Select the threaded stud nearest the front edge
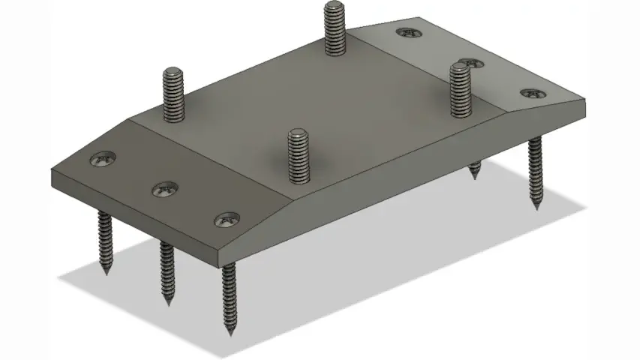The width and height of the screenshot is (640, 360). tap(299, 154)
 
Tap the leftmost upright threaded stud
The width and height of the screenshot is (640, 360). tap(173, 94)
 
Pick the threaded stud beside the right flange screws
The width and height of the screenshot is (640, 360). tap(459, 88)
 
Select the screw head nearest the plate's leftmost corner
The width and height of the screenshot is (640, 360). tap(103, 159)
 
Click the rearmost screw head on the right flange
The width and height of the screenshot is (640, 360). tap(408, 32)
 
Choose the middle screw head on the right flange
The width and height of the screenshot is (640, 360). tap(470, 62)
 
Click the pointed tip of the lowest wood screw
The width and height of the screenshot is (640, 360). tap(230, 332)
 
